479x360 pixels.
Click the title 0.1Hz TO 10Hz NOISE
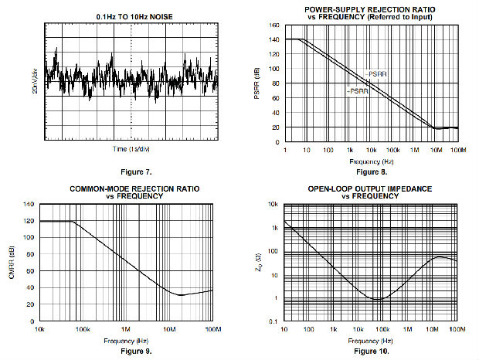tap(128, 16)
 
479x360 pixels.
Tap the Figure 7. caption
tap(128, 171)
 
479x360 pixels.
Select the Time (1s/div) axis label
tap(130, 148)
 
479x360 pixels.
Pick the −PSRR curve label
tap(356, 91)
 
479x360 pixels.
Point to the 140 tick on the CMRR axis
tap(29, 205)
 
